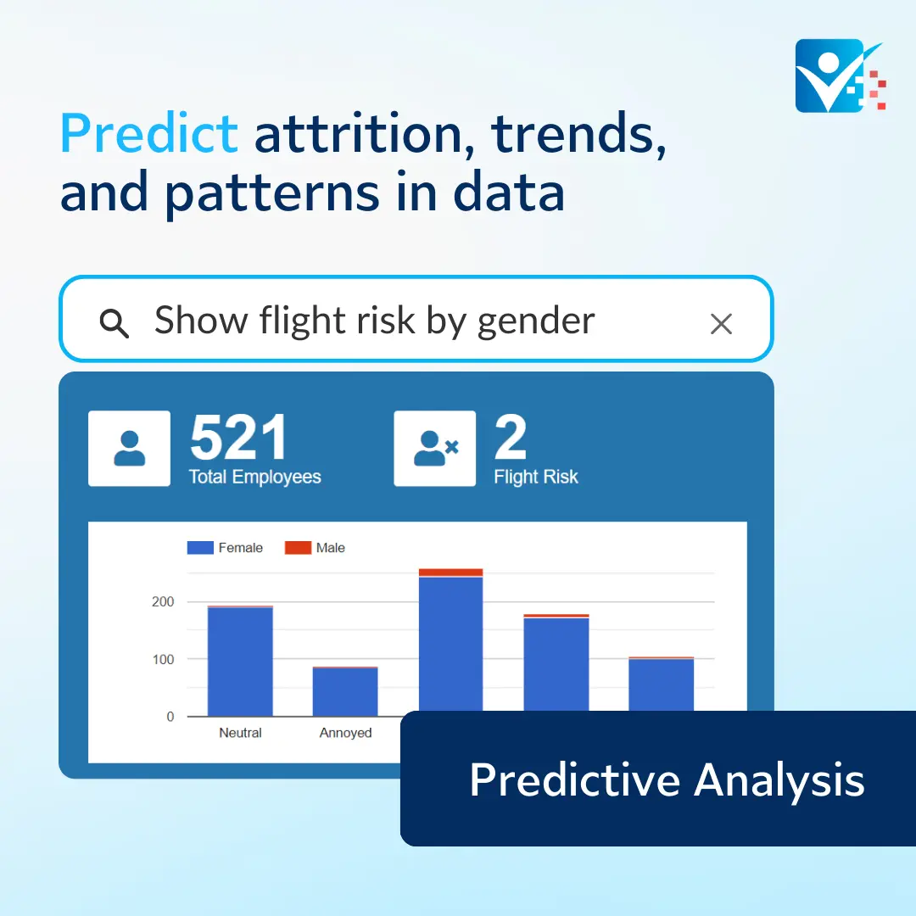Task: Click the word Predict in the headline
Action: pyautogui.click(x=149, y=133)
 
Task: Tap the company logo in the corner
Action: pyautogui.click(x=841, y=75)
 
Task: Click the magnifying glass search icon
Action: pyautogui.click(x=114, y=323)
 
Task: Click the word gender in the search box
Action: pyautogui.click(x=536, y=322)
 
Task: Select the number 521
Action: pyautogui.click(x=238, y=437)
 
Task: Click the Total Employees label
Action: pyautogui.click(x=254, y=477)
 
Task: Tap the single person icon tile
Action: pyautogui.click(x=129, y=448)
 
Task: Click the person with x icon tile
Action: pyautogui.click(x=434, y=448)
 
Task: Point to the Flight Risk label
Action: pyautogui.click(x=536, y=477)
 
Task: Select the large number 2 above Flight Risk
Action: pyautogui.click(x=511, y=437)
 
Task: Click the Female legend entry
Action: pyautogui.click(x=225, y=547)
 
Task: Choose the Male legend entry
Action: pyautogui.click(x=315, y=547)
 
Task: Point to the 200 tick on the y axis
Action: pyautogui.click(x=163, y=601)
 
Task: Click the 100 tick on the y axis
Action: pyautogui.click(x=163, y=660)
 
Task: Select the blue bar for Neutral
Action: pyautogui.click(x=240, y=662)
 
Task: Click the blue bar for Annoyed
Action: pyautogui.click(x=345, y=692)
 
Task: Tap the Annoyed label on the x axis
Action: pyautogui.click(x=345, y=733)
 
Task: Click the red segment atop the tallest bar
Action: pyautogui.click(x=451, y=572)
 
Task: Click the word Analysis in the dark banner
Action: pyautogui.click(x=779, y=780)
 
